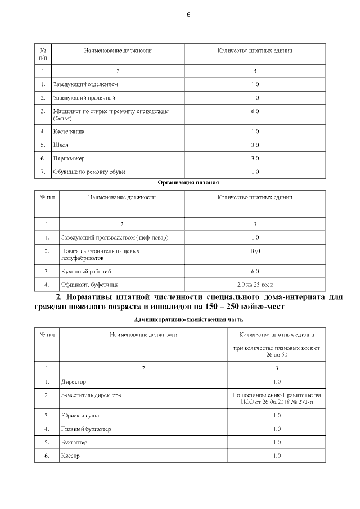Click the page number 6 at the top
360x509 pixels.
(188, 15)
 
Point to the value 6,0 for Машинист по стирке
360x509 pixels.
(255, 111)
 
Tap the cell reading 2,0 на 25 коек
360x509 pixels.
(255, 285)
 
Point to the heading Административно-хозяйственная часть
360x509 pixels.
(180, 320)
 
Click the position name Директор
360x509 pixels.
(74, 381)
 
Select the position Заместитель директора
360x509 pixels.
(91, 395)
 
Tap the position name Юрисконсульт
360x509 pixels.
(80, 416)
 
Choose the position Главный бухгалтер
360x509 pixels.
(86, 429)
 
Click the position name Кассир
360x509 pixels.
(70, 456)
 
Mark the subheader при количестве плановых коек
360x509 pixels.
(276, 352)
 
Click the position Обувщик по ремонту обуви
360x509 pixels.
(89, 172)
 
